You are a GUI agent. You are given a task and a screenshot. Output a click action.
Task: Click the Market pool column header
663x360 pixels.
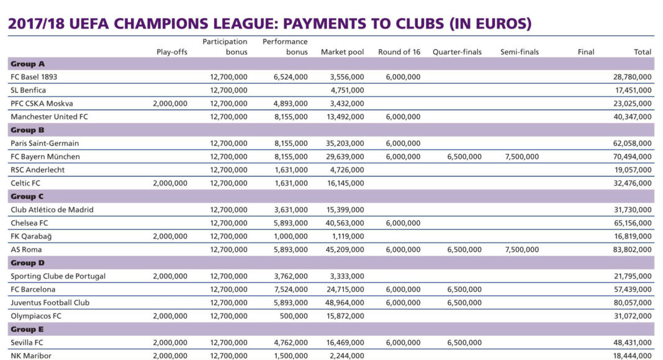coord(342,52)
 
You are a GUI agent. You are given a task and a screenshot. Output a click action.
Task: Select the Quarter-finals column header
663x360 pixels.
coord(457,52)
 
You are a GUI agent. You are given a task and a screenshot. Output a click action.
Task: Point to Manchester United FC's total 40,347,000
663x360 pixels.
coord(633,117)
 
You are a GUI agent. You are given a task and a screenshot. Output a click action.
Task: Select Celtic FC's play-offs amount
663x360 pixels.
coord(169,183)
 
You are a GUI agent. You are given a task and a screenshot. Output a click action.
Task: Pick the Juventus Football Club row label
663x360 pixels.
coord(50,302)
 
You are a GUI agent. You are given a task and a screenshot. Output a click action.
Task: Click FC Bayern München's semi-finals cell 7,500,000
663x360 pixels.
coord(520,156)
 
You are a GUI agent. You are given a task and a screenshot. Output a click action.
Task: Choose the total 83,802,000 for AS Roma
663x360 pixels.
coord(633,250)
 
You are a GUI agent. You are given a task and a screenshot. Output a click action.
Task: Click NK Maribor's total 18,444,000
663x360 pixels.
coord(633,356)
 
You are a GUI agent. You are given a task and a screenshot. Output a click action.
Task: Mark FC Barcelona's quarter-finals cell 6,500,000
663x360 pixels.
coord(464,289)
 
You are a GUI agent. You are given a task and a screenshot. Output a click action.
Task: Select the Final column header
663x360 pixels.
coord(585,52)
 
